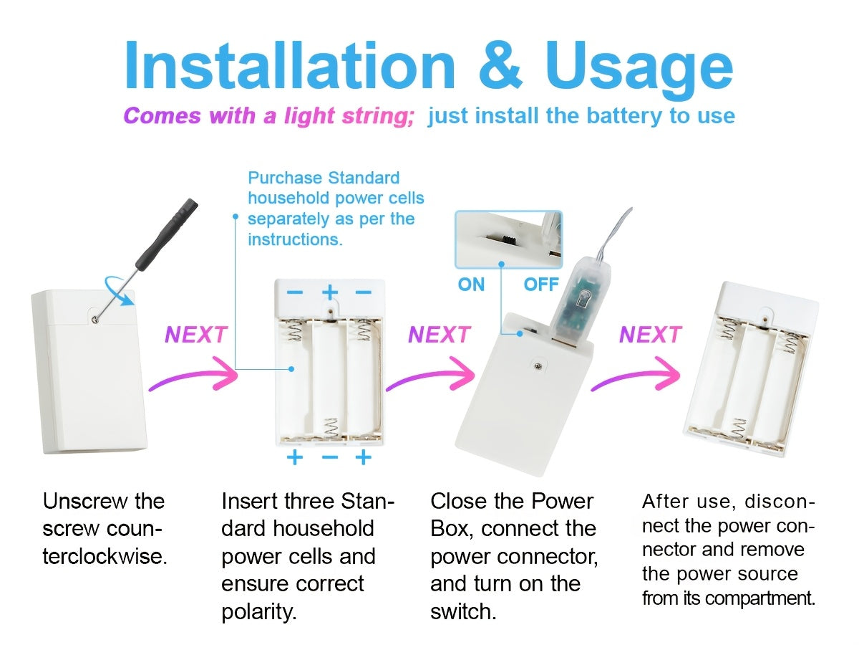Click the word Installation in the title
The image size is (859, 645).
tap(291, 65)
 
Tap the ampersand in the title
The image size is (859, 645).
tap(501, 65)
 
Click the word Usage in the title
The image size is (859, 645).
tap(639, 70)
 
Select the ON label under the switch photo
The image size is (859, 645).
tap(471, 285)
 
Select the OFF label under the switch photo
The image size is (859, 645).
tap(541, 285)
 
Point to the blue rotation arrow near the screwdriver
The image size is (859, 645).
tap(119, 290)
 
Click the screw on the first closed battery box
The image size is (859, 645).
tap(94, 320)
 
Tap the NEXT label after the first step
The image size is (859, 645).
tap(196, 335)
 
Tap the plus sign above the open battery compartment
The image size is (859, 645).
tap(330, 292)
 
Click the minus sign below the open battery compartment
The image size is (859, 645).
tap(330, 457)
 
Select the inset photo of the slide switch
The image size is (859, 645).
tap(508, 239)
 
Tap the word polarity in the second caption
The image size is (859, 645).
tap(258, 613)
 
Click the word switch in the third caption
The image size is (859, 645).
tap(463, 612)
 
